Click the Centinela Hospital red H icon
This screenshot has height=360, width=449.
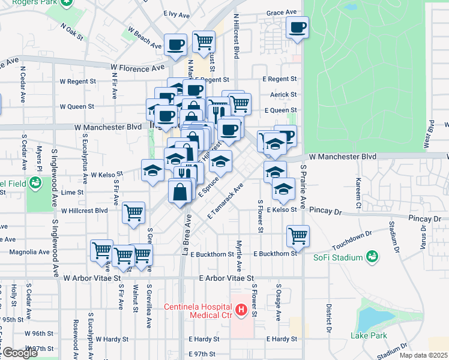point(241,310)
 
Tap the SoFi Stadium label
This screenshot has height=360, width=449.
point(338,257)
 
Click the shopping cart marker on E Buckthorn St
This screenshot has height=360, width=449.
point(297,236)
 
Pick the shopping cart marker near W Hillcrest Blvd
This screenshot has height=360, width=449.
point(133,212)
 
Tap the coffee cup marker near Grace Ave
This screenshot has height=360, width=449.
point(297,27)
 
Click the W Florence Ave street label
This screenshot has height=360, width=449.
point(137,68)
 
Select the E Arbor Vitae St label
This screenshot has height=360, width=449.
point(228,278)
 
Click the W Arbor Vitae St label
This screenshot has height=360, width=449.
point(92,278)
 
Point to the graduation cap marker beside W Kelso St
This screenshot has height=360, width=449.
point(152,170)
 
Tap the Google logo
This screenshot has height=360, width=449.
point(19,353)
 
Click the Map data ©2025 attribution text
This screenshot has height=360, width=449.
point(424,355)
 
